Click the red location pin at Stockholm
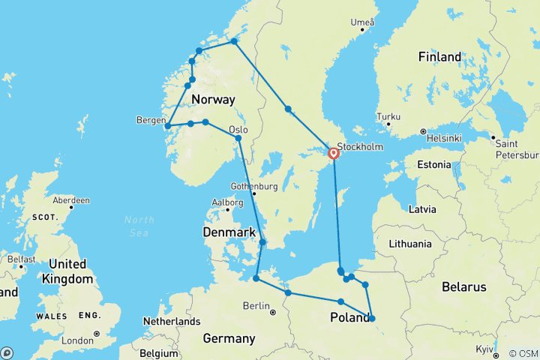pyautogui.click(x=334, y=153)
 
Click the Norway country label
pyautogui.click(x=213, y=100)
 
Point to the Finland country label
pyautogui.click(x=439, y=57)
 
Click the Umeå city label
pyautogui.click(x=361, y=22)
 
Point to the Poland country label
pyautogui.click(x=349, y=318)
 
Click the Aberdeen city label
pyautogui.click(x=72, y=200)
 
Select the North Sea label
pyautogui.click(x=140, y=226)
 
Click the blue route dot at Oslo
pyautogui.click(x=238, y=138)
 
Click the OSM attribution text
pyautogui.click(x=522, y=353)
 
